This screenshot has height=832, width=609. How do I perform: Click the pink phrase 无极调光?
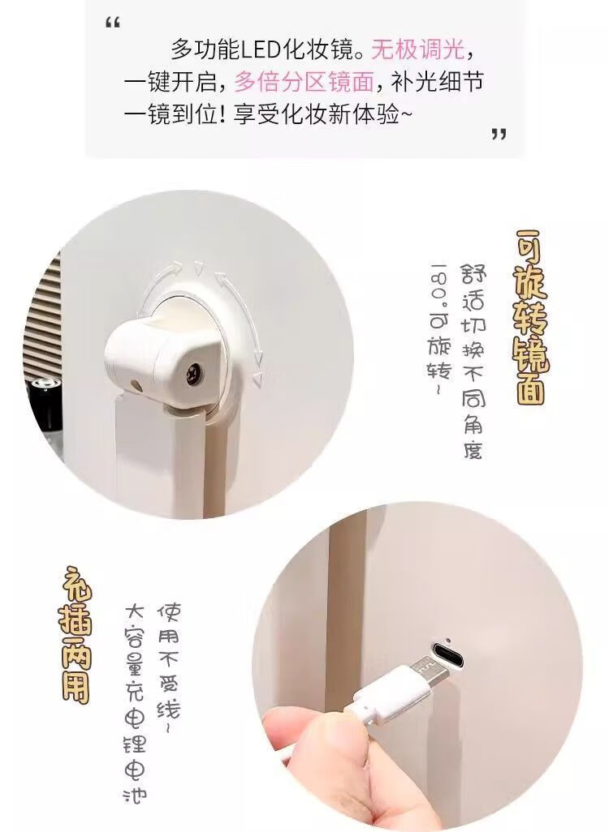417,51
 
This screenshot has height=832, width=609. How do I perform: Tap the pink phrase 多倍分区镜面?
304,82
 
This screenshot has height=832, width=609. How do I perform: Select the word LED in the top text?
261,51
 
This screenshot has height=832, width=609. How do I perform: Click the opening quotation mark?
113,23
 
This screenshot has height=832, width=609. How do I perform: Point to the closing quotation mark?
499,134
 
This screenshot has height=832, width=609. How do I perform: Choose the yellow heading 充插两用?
76,635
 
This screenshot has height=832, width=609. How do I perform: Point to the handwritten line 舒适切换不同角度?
472,360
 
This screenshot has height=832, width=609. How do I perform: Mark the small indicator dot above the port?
449,639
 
